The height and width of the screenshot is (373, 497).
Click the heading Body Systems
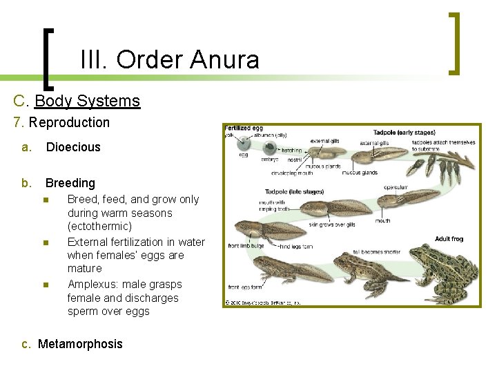point(87,101)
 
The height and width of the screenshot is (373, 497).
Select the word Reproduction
point(69,123)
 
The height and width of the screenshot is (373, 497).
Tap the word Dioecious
point(73,147)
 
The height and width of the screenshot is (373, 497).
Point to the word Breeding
point(70,183)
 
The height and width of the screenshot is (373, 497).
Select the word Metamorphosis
point(80,344)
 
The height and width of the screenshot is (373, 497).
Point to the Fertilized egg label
point(244,128)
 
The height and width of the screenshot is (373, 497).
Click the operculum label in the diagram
point(396,186)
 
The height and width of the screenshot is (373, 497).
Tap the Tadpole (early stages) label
point(404,132)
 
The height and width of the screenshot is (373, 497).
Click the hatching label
point(291,150)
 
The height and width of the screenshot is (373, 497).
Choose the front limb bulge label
point(246,245)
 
